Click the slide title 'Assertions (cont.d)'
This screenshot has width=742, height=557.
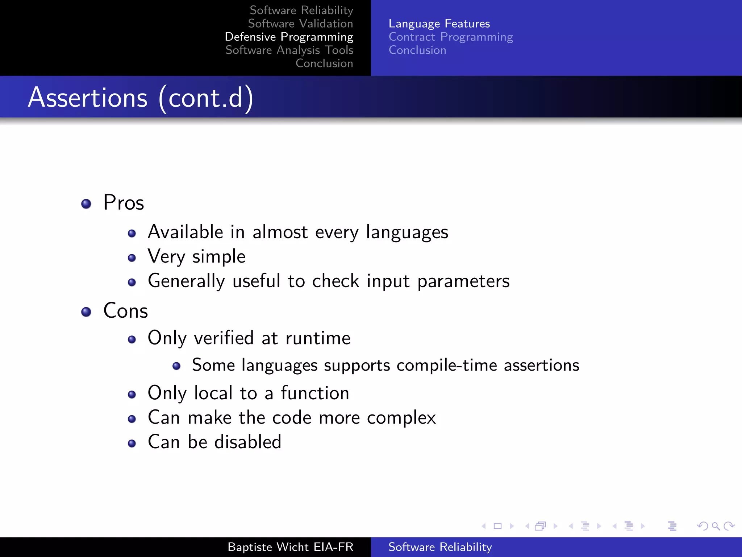141,98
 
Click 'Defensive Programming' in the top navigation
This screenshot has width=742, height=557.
289,37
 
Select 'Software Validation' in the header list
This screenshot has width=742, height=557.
300,24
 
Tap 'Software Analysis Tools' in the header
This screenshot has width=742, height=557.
289,50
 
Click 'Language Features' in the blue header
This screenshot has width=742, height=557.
439,24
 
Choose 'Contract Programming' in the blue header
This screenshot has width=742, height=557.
451,37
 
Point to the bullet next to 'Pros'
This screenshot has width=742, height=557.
86,204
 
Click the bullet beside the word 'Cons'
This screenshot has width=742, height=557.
86,312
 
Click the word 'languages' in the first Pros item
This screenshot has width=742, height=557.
407,232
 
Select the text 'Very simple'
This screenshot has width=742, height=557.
197,257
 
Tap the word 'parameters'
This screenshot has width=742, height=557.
463,281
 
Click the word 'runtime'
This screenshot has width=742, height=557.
318,338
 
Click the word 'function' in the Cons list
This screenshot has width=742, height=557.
315,393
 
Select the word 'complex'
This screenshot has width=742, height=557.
401,418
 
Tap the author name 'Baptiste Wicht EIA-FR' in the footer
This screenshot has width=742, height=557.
290,547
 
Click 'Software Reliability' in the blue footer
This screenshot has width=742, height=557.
440,547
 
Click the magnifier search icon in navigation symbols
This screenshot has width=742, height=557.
716,526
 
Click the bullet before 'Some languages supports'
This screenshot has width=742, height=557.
176,366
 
